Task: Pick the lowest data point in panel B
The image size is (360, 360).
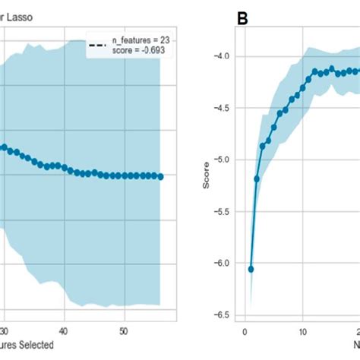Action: point(251,269)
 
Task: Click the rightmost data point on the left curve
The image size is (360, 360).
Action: point(160,176)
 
